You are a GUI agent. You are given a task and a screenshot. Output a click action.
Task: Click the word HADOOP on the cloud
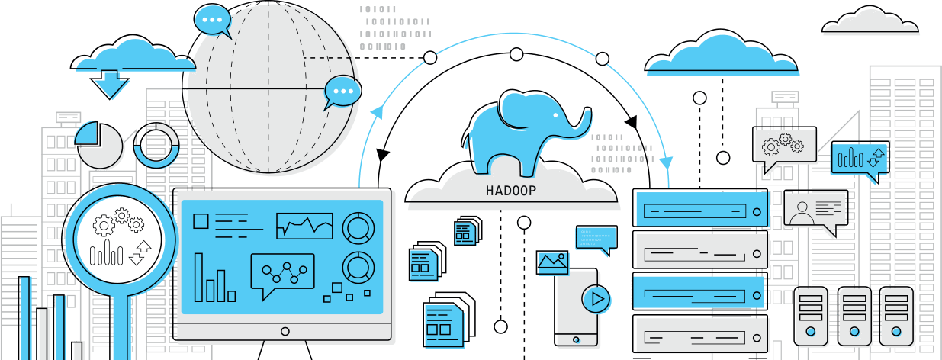[510, 191]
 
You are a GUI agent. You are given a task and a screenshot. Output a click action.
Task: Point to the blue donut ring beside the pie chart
[156, 145]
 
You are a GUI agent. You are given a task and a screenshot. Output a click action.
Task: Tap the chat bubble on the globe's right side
[342, 92]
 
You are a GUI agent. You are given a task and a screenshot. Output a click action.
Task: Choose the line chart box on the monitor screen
[304, 226]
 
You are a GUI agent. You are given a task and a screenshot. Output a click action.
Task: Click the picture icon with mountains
[553, 263]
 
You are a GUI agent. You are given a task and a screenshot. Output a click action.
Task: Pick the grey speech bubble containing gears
[785, 146]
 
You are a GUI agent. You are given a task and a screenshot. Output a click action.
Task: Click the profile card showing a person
[814, 210]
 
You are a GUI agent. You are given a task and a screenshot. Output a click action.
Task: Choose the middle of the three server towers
[854, 316]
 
